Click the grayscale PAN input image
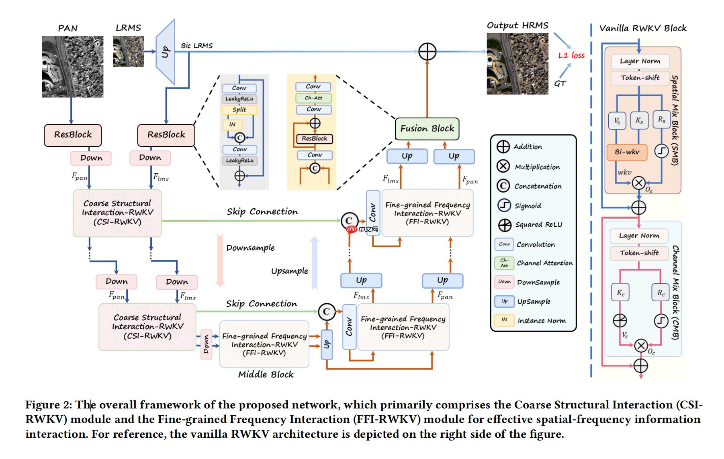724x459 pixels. click(72, 67)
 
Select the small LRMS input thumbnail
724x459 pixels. click(129, 51)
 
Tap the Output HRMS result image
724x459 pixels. click(517, 64)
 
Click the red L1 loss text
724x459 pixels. click(571, 55)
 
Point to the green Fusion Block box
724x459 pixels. click(427, 129)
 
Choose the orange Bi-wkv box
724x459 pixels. click(627, 152)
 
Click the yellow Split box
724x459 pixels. click(239, 110)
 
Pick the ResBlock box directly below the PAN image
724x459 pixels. click(73, 135)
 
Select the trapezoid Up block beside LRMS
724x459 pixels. click(166, 52)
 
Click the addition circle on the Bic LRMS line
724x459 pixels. click(427, 52)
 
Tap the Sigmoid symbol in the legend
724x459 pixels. click(504, 205)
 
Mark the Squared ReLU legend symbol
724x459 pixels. click(505, 225)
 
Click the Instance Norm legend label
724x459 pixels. click(541, 321)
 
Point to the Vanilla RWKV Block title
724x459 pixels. click(642, 28)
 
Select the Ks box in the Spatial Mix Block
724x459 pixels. click(639, 120)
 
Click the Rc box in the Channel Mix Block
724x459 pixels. click(661, 293)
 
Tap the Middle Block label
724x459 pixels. click(266, 374)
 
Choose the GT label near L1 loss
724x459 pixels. click(560, 83)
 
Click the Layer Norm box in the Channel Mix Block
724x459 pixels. click(639, 236)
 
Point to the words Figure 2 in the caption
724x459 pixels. click(48, 405)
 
